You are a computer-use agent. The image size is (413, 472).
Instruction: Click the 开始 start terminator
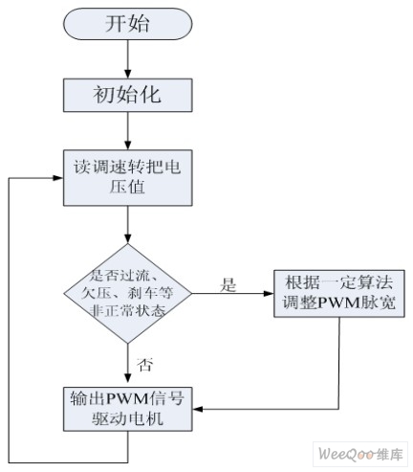128,24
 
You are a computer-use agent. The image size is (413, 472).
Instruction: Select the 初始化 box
128,95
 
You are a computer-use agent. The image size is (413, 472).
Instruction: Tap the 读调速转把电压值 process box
128,178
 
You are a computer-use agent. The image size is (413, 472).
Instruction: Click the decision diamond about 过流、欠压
128,294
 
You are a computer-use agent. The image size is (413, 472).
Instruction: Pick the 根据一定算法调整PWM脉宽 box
339,293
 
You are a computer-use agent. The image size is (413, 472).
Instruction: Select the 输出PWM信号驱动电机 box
128,409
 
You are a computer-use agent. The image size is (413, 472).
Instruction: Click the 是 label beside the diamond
228,284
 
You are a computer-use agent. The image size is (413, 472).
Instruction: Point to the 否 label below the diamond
145,364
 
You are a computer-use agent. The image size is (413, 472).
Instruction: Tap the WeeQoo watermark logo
360,454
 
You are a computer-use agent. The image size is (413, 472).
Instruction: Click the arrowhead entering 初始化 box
128,75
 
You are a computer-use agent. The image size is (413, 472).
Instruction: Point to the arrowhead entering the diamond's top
128,239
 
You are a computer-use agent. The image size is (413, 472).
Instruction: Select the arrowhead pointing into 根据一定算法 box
270,294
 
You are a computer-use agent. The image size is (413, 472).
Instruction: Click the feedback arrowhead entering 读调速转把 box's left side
58,178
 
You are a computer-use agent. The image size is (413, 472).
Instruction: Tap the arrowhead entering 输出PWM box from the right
198,409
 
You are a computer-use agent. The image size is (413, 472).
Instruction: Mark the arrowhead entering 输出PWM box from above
128,383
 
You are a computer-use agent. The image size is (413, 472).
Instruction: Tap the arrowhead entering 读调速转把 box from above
128,146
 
